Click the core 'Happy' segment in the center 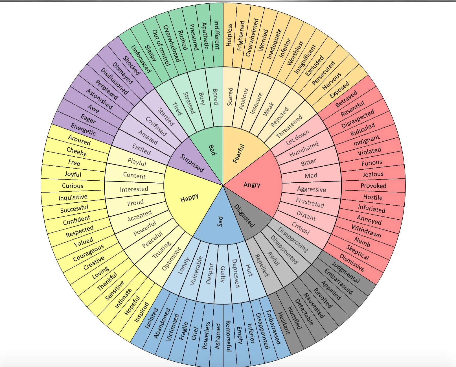189,198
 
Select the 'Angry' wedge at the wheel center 252,185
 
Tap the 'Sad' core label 220,221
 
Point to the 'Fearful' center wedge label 239,154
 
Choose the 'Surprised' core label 192,163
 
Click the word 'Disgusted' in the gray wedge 244,216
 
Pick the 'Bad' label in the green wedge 212,150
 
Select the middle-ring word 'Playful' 137,162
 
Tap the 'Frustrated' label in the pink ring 310,202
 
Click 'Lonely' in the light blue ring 184,266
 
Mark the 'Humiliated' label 304,149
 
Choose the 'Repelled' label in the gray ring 262,265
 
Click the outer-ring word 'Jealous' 373,174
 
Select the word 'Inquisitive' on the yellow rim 73,197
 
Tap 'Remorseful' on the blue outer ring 228,336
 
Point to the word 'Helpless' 229,35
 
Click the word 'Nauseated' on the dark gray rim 313,305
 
